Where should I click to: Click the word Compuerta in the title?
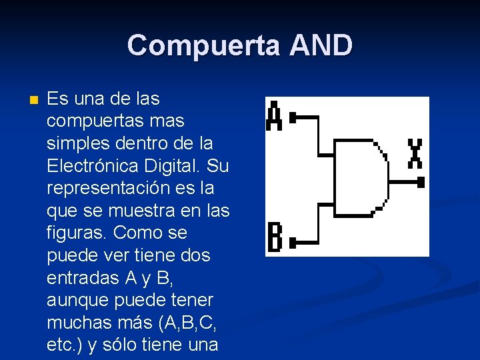click(x=203, y=45)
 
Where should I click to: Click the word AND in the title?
click(x=321, y=45)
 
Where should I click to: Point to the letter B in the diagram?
click(x=274, y=237)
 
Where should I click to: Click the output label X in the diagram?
click(x=415, y=153)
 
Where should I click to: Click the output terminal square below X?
click(x=420, y=181)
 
